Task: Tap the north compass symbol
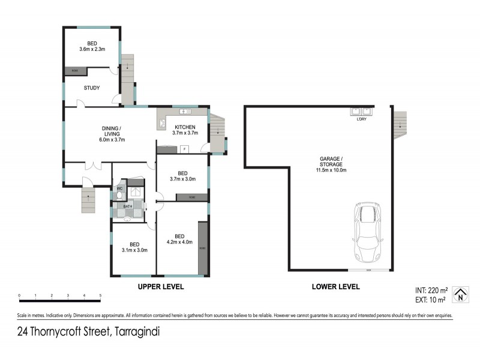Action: click(x=460, y=292)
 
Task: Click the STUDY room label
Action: click(x=91, y=88)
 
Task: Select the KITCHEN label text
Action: click(x=185, y=127)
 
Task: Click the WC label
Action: click(x=119, y=188)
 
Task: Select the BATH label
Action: click(x=128, y=207)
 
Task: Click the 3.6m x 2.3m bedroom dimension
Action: click(x=92, y=49)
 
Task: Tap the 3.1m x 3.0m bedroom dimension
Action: click(x=134, y=250)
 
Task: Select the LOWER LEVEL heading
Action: click(x=336, y=287)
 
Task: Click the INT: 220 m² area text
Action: click(x=431, y=289)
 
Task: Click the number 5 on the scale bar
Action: click(x=100, y=296)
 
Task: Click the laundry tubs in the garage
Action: click(x=361, y=111)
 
